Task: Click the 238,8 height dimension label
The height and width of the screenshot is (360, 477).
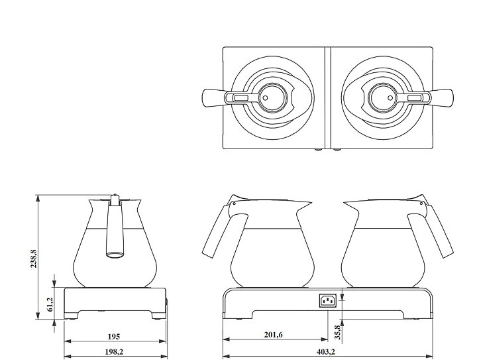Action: pos(34,259)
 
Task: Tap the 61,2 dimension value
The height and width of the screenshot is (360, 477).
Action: pos(50,304)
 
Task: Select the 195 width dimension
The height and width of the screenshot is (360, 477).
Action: pos(114,337)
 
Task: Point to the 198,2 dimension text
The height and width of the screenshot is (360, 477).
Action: pos(114,352)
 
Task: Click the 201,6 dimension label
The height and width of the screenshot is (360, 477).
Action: pos(273,335)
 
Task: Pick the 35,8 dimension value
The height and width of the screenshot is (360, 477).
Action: pos(337,332)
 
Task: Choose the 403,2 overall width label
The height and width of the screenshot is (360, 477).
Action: pos(325,352)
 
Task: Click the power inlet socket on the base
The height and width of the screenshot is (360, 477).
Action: pos(328,300)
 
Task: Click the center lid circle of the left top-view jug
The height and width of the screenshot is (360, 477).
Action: pos(273,98)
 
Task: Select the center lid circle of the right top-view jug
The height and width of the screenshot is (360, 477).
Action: pos(382,98)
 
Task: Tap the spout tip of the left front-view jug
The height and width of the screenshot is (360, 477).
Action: pos(311,202)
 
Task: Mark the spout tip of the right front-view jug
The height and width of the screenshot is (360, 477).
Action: pos(344,202)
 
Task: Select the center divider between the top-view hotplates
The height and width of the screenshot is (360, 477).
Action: pos(328,97)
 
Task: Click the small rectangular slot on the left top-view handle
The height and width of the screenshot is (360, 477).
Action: pos(241,98)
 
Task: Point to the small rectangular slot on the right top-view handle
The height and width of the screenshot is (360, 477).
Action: pos(414,98)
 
